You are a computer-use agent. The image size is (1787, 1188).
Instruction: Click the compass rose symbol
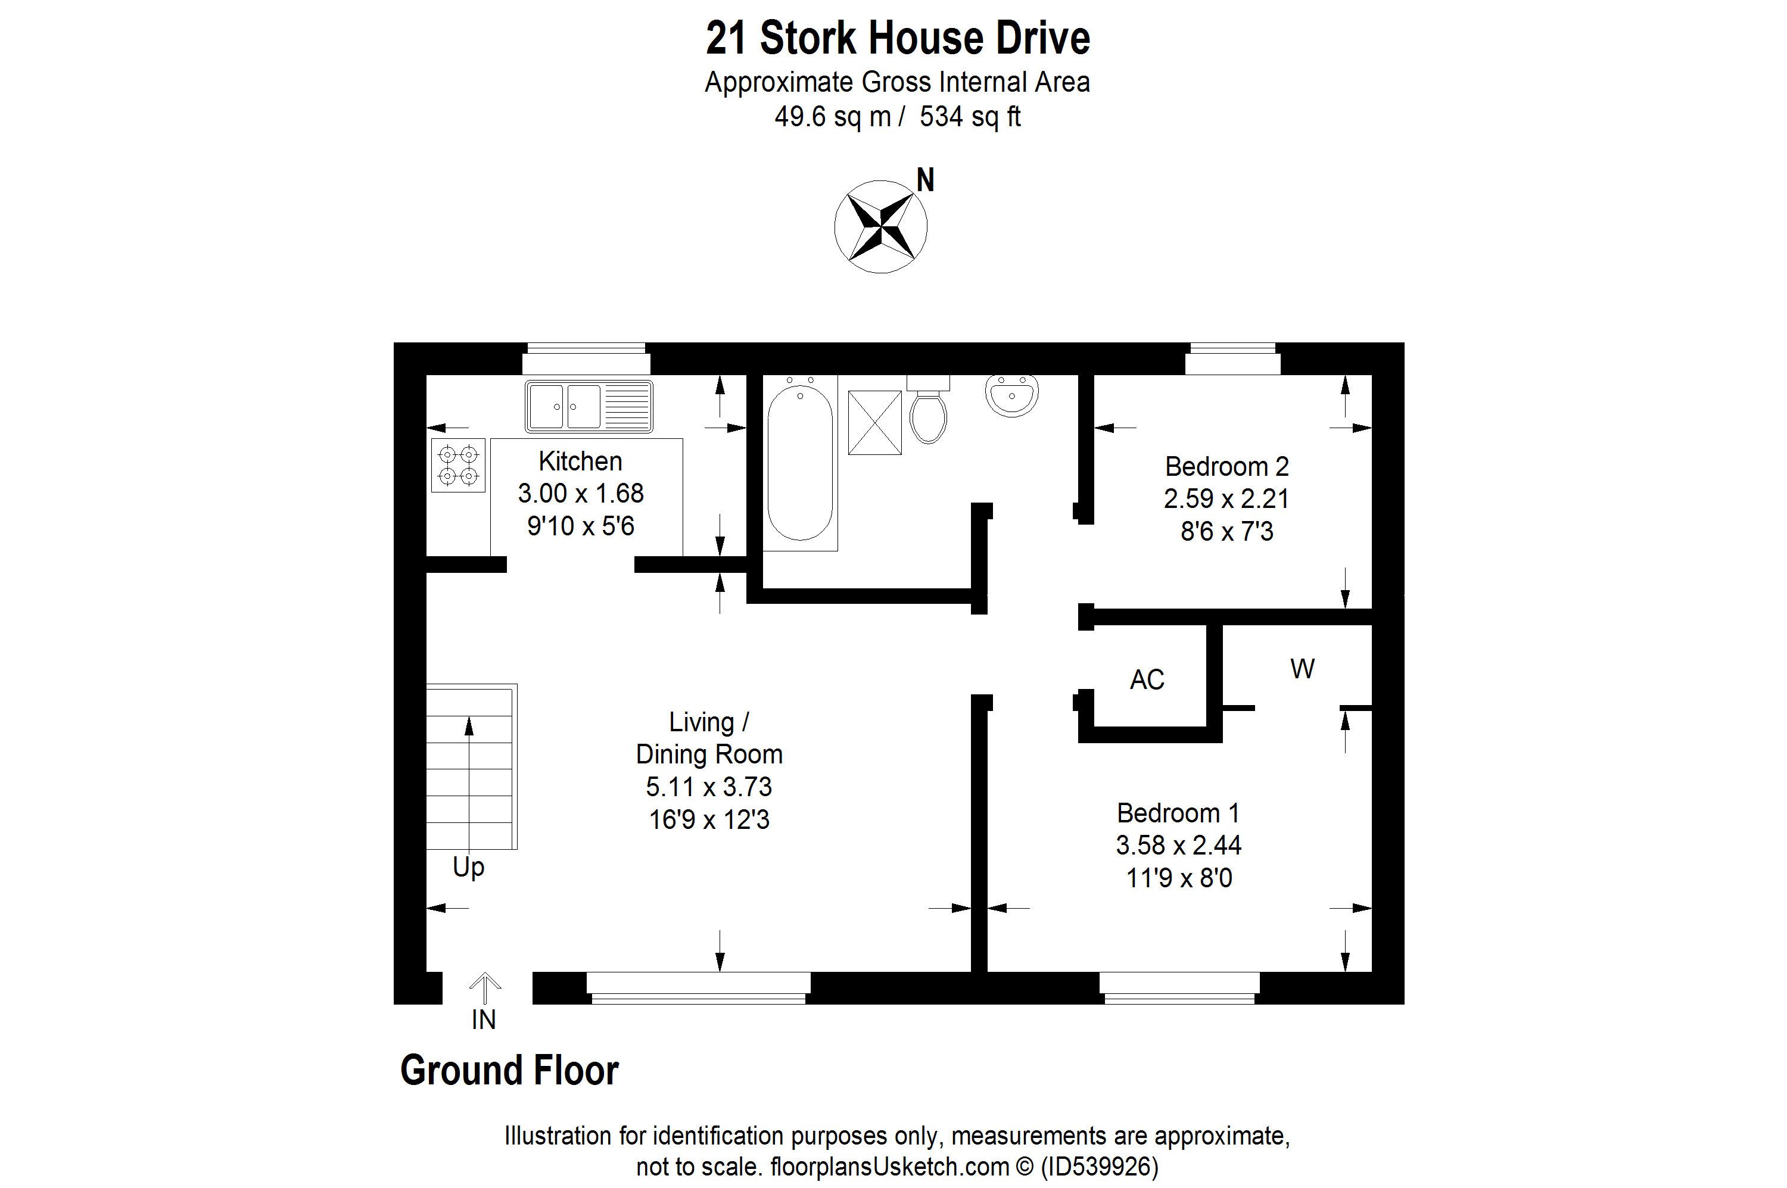(880, 226)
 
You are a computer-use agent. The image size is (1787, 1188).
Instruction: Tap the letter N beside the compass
(925, 180)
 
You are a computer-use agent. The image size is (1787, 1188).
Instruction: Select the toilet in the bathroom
(929, 410)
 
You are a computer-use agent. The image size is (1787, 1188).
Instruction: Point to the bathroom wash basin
(1011, 396)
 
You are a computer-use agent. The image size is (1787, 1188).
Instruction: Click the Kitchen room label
(581, 461)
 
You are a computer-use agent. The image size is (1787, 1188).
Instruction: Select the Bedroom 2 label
(1226, 466)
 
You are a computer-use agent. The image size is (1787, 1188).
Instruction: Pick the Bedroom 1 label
(1178, 813)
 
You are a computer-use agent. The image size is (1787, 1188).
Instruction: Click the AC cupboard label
(1147, 679)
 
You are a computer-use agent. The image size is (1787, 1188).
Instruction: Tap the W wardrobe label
(1302, 668)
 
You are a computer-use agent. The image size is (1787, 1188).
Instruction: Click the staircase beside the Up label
(471, 767)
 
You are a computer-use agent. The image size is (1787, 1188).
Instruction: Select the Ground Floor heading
(509, 1071)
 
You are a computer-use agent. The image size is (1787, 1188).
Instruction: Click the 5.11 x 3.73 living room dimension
(709, 787)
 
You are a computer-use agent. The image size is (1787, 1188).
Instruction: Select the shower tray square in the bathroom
(874, 422)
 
